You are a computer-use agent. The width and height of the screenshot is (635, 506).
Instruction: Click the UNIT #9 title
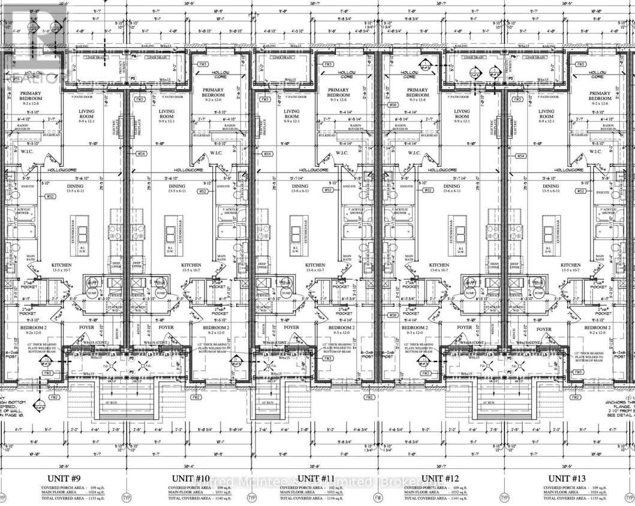64,477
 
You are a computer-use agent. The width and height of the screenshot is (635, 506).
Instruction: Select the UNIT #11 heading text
316,477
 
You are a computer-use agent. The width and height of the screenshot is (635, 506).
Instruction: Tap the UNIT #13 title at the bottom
567,477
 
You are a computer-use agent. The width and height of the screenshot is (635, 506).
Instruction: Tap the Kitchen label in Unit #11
315,264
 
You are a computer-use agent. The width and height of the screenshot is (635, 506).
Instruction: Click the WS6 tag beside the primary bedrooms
393,105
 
